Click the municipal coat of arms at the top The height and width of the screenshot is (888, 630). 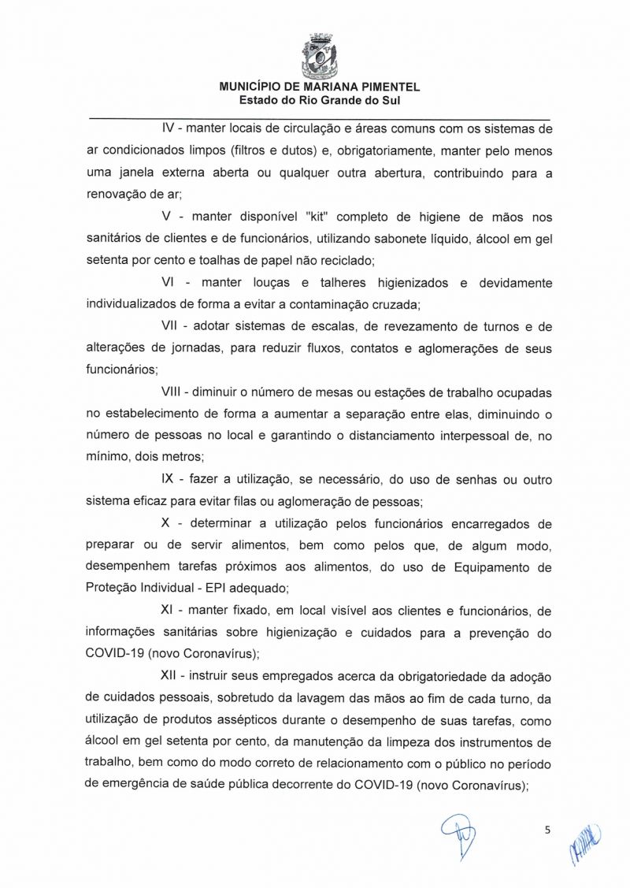coord(319,51)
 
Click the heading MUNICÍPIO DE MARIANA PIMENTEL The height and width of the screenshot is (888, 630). coord(320,88)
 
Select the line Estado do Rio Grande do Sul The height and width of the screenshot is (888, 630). coord(320,101)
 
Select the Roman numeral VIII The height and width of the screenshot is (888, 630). coord(171,392)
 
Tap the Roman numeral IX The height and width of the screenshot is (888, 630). coord(168,479)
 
